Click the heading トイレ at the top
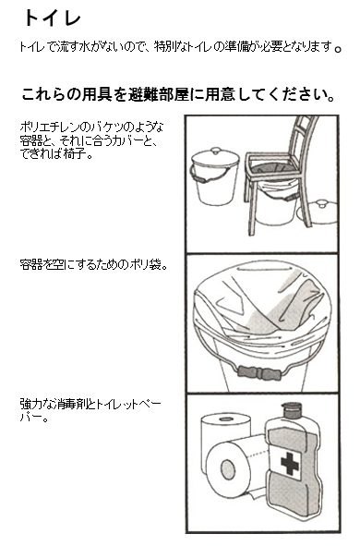[x=53, y=18]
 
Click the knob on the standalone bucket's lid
[x=216, y=151]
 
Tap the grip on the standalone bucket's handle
[x=199, y=178]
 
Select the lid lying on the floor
[x=318, y=212]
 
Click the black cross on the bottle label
[x=290, y=463]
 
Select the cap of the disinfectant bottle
[x=292, y=410]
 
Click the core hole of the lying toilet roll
[x=228, y=469]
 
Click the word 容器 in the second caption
[x=31, y=264]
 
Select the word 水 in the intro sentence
[x=85, y=47]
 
